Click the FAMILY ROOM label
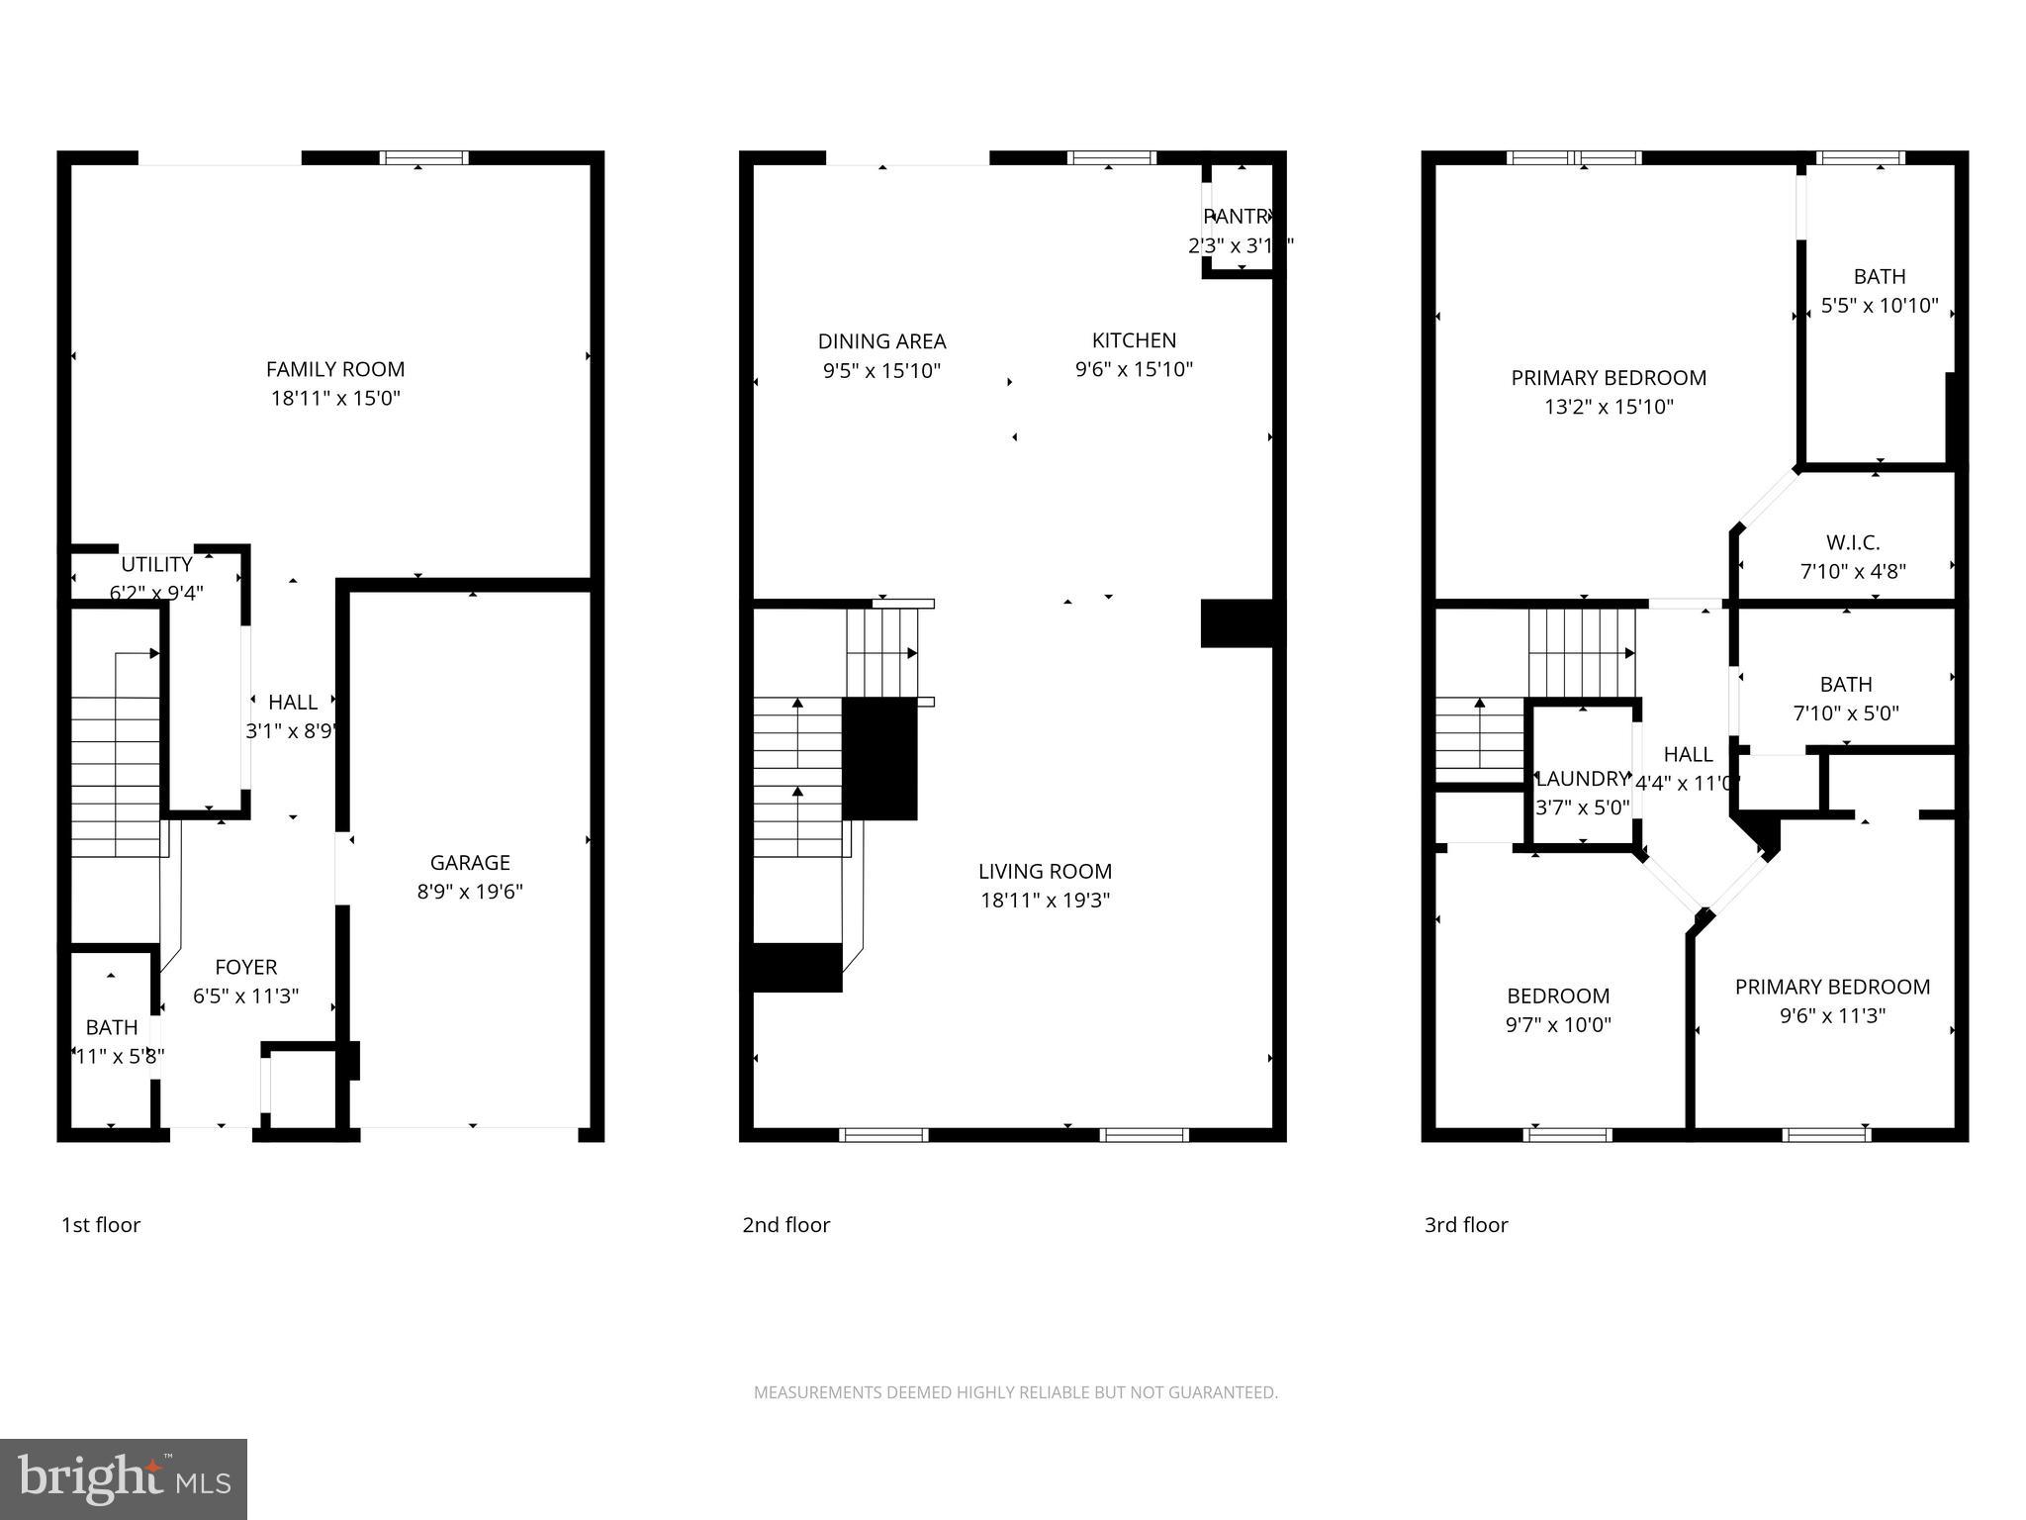click(x=334, y=369)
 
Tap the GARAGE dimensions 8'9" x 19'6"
click(x=470, y=892)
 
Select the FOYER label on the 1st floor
click(x=245, y=967)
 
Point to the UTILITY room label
click(x=156, y=564)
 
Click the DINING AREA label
click(x=881, y=341)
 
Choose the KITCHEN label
click(x=1134, y=340)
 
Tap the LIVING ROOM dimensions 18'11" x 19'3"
click(x=1045, y=901)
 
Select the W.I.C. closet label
click(x=1852, y=542)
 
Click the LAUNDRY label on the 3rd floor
click(x=1581, y=779)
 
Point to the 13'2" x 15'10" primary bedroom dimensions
click(x=1609, y=407)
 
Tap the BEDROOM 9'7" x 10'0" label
click(x=1558, y=997)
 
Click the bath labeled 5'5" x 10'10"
click(x=1879, y=277)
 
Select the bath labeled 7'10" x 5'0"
click(x=1845, y=685)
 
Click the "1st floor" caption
click(x=101, y=1225)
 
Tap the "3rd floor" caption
click(x=1465, y=1225)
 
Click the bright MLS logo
click(x=124, y=1478)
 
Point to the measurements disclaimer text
click(x=1015, y=1392)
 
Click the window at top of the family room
click(x=424, y=157)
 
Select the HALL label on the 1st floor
click(x=293, y=703)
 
